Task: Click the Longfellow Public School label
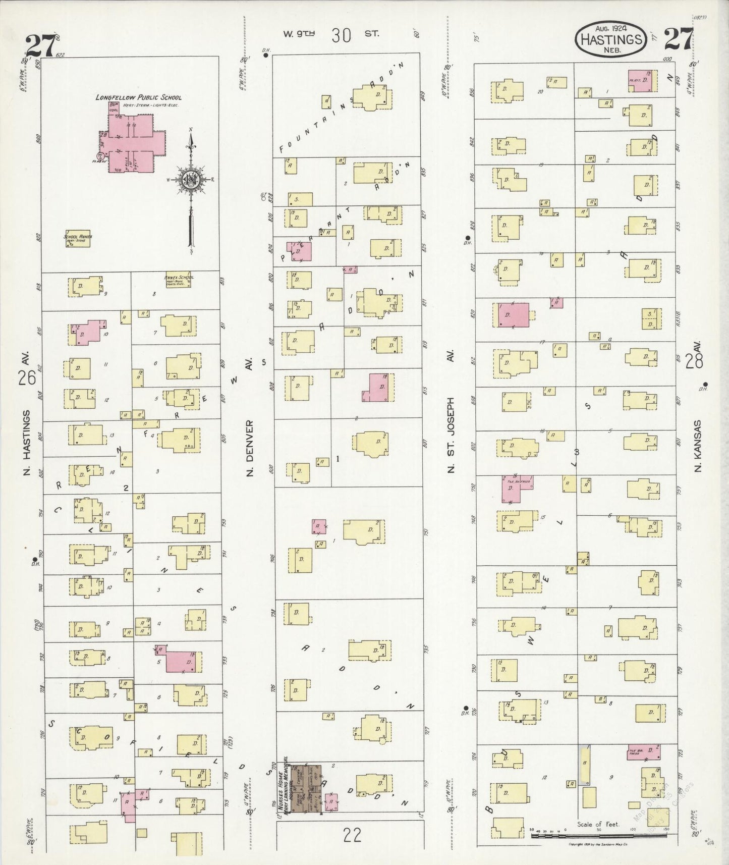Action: coord(138,97)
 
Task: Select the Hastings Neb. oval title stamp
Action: coord(611,39)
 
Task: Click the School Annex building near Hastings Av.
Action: coord(77,240)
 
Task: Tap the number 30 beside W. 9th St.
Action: coord(342,35)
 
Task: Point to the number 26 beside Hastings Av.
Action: coord(27,377)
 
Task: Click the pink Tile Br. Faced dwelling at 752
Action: coord(517,488)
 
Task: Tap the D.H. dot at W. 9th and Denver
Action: coord(265,56)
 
